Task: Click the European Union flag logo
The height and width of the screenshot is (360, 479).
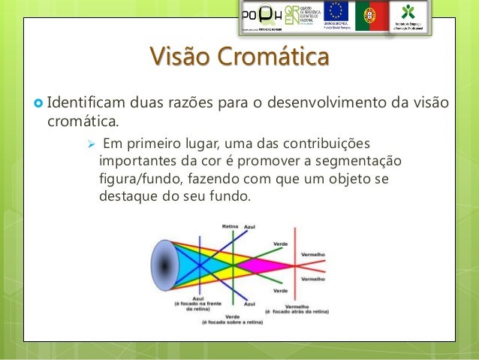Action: click(335, 13)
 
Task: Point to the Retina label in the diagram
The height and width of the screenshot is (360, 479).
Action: click(230, 225)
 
